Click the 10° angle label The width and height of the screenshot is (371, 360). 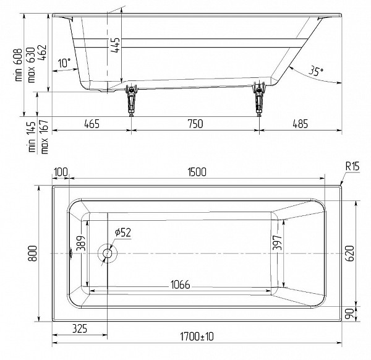(x=64, y=62)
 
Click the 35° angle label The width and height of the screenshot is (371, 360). (x=316, y=72)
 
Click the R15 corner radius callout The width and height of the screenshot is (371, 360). (x=352, y=166)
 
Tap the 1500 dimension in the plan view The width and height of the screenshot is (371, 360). (x=196, y=171)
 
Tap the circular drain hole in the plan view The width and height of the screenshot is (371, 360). (x=108, y=253)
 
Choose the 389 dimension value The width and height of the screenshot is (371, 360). (x=79, y=247)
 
